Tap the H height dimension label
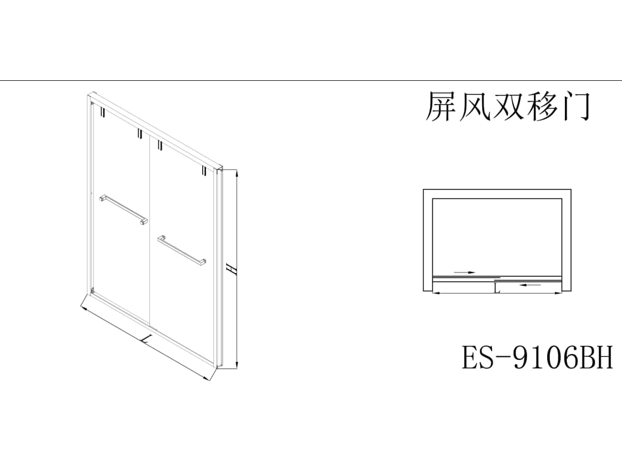point(229,268)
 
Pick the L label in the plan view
point(497,288)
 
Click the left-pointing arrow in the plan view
point(531,284)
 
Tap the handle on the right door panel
point(182,250)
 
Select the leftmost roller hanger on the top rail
point(103,113)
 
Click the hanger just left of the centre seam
point(139,134)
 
